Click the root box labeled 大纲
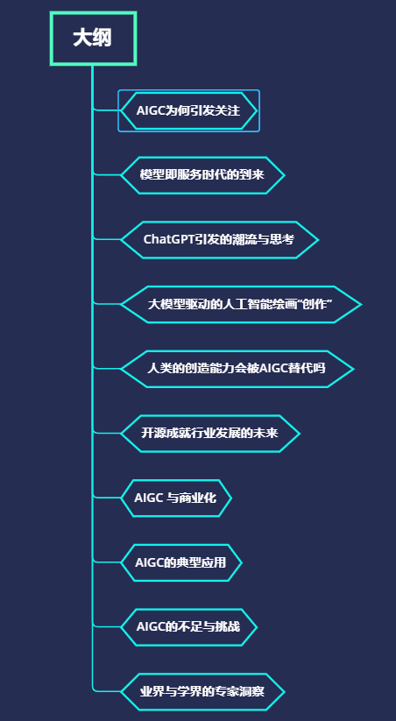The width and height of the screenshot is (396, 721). [x=93, y=39]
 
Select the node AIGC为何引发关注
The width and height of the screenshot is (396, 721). [x=188, y=110]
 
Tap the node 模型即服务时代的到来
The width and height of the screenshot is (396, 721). [x=202, y=175]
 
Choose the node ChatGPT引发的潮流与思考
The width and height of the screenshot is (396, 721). [x=219, y=239]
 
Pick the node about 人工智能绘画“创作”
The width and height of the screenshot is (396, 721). [x=241, y=304]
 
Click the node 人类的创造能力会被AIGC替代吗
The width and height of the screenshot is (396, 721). [x=237, y=369]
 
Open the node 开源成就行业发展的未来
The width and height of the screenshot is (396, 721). [x=209, y=434]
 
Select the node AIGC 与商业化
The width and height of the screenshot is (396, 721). [x=176, y=498]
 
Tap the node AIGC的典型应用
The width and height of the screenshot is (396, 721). [x=180, y=562]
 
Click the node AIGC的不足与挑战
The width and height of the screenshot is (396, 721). [x=188, y=627]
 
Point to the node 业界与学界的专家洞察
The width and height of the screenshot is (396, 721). [x=202, y=692]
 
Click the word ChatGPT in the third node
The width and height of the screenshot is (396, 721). [x=169, y=239]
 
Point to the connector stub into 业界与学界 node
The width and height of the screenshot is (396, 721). [x=107, y=690]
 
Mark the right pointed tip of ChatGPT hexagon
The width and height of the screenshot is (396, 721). [x=318, y=240]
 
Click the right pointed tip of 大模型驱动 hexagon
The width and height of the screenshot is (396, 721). [x=362, y=304]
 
